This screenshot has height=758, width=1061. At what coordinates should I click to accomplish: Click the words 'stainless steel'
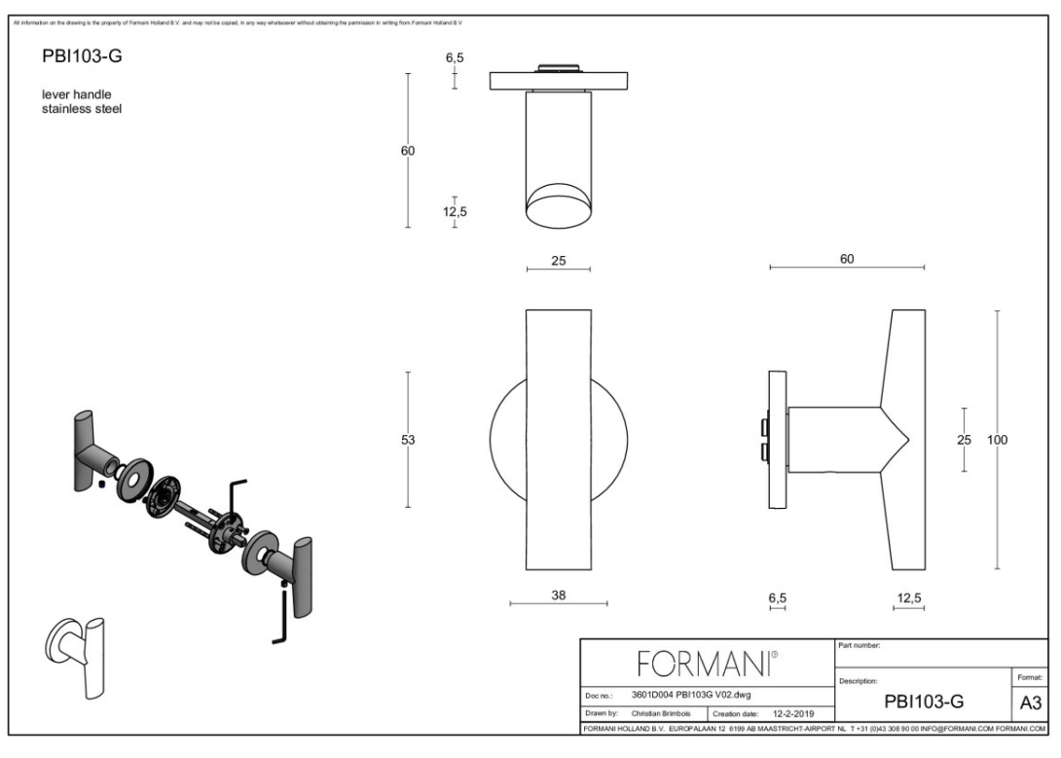[x=78, y=108]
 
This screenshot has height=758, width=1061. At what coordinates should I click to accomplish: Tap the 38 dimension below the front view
[x=559, y=596]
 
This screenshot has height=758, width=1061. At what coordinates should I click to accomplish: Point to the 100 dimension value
[x=997, y=440]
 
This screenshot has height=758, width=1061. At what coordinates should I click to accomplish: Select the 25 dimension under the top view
[x=559, y=261]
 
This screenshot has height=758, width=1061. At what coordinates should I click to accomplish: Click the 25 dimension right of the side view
[x=964, y=440]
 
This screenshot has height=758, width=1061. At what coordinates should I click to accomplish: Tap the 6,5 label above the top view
[x=455, y=58]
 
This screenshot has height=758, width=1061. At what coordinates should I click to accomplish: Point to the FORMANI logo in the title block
[x=707, y=667]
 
